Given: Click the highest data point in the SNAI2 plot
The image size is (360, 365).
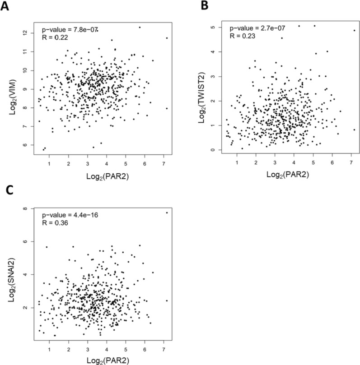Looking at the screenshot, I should point(167,213).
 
